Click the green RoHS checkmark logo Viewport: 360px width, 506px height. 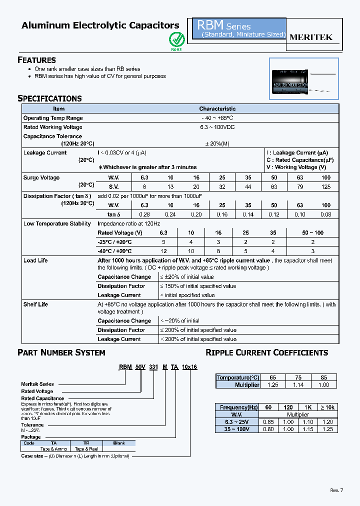176,38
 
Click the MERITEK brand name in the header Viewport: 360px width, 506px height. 311,37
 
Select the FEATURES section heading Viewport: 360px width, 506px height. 36,60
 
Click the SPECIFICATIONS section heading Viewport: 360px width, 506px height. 49,98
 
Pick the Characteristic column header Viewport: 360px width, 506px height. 217,108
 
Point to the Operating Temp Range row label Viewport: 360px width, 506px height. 53,118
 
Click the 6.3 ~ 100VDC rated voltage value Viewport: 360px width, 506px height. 217,127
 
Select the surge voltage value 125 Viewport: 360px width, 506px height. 326,186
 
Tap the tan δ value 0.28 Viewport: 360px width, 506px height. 144,214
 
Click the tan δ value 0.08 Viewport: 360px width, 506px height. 326,214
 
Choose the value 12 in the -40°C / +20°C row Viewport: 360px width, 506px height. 163,251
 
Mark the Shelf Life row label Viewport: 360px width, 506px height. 36,304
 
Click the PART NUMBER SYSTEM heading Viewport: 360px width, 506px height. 61,352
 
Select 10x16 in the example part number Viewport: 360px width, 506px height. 189,366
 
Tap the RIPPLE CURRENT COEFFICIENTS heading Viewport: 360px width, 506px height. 267,352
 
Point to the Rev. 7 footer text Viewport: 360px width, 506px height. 336,490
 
